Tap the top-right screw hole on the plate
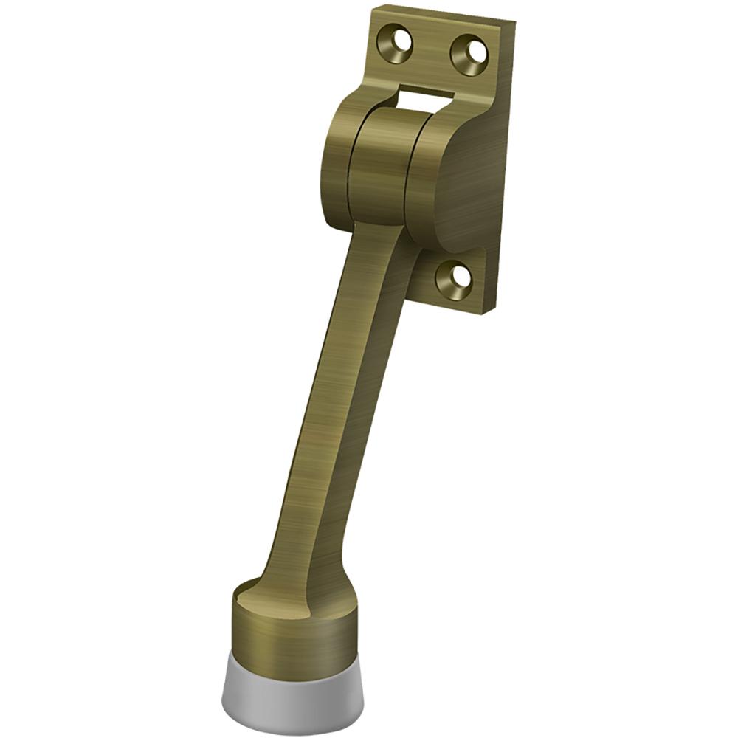click(469, 50)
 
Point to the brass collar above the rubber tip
click(292, 627)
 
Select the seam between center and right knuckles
click(413, 173)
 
